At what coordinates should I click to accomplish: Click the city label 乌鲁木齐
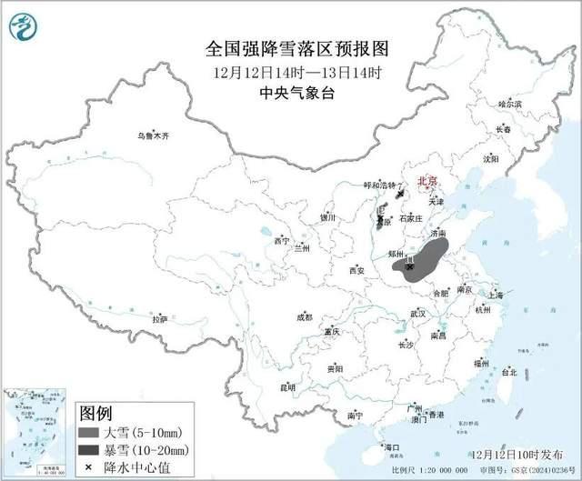[x=154, y=135]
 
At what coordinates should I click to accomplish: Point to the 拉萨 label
[x=160, y=319]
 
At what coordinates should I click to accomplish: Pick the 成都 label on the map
[x=304, y=316]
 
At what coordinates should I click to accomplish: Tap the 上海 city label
[x=496, y=295]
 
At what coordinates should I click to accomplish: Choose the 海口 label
[x=392, y=447]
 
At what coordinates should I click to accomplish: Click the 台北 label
[x=509, y=372]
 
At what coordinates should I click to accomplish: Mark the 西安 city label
[x=356, y=270]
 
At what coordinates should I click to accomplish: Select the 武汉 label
[x=418, y=313]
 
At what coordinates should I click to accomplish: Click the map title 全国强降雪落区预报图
[x=291, y=47]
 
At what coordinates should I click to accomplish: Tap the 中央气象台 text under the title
[x=291, y=92]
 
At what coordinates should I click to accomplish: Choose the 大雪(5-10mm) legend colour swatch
[x=88, y=432]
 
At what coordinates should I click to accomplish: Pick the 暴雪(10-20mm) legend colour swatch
[x=88, y=449]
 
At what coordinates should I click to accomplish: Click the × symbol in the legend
[x=87, y=466]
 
